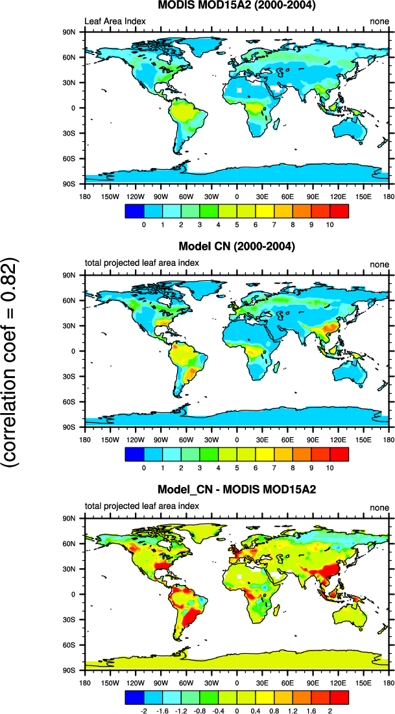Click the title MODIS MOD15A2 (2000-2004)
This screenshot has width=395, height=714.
(236, 6)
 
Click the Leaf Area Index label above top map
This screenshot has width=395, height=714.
(115, 21)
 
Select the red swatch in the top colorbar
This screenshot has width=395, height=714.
(339, 211)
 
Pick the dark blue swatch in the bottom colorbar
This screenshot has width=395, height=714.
(133, 696)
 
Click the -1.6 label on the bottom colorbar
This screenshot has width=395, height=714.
(162, 711)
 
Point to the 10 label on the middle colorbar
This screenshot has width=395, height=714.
(329, 468)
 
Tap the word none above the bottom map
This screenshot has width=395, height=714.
(379, 507)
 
